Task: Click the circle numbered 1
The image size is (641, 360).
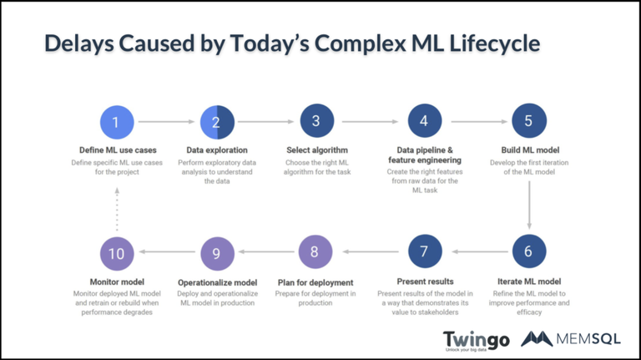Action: [x=115, y=122]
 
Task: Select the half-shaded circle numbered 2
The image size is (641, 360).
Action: [x=216, y=122]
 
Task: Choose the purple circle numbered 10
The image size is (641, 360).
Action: [x=115, y=251]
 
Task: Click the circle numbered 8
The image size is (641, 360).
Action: [x=315, y=251]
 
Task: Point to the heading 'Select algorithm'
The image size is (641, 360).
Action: [x=315, y=150]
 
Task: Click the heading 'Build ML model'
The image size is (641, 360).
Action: [x=528, y=150]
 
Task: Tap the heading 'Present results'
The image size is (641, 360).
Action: [x=424, y=282]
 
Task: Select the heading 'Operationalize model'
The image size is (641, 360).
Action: [x=216, y=282]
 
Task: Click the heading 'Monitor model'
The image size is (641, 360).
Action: [x=115, y=282]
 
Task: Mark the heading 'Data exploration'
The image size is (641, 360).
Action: [x=216, y=150]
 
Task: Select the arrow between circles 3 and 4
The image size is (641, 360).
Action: [x=369, y=122]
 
